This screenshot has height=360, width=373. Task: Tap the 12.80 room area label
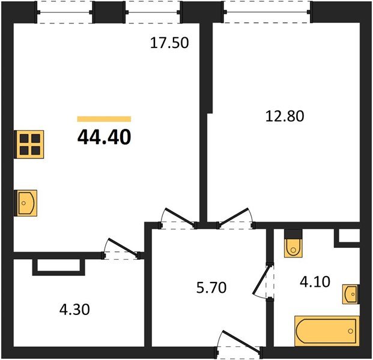pos(285,116)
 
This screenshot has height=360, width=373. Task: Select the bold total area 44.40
pos(104,137)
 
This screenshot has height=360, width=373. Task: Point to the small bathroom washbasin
pos(351,295)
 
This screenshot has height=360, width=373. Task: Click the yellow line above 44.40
pos(104,119)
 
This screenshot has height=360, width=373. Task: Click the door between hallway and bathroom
pos(264,280)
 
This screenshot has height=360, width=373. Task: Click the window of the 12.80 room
pos(268,12)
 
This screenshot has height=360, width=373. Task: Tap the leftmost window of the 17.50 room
pos(65,12)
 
